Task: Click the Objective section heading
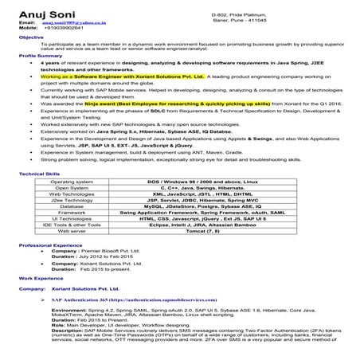coord(31,37)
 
